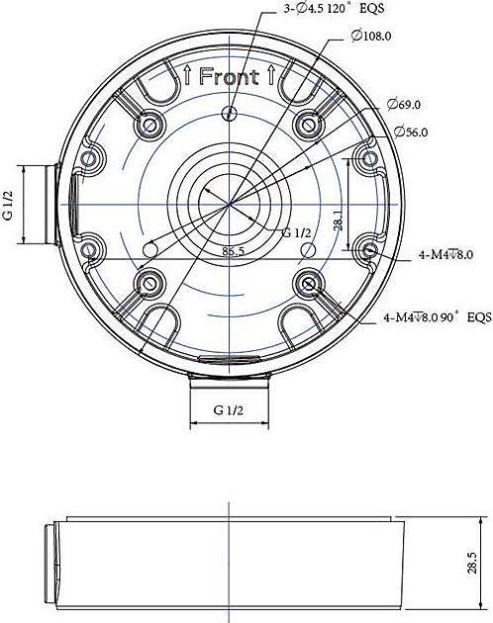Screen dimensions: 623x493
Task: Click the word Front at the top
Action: point(229,76)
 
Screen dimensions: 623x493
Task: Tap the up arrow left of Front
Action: point(188,75)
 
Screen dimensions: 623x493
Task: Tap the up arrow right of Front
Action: point(270,75)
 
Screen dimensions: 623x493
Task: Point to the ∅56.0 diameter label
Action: point(411,131)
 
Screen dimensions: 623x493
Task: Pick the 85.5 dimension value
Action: point(234,251)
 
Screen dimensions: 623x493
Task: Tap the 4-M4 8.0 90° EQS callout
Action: point(437,318)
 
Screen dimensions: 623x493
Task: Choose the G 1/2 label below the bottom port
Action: point(230,408)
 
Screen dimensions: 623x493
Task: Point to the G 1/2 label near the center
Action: point(297,233)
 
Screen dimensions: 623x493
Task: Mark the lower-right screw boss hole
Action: point(310,285)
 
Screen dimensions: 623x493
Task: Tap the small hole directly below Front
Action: point(230,111)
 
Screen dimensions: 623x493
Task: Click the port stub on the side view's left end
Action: point(50,569)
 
